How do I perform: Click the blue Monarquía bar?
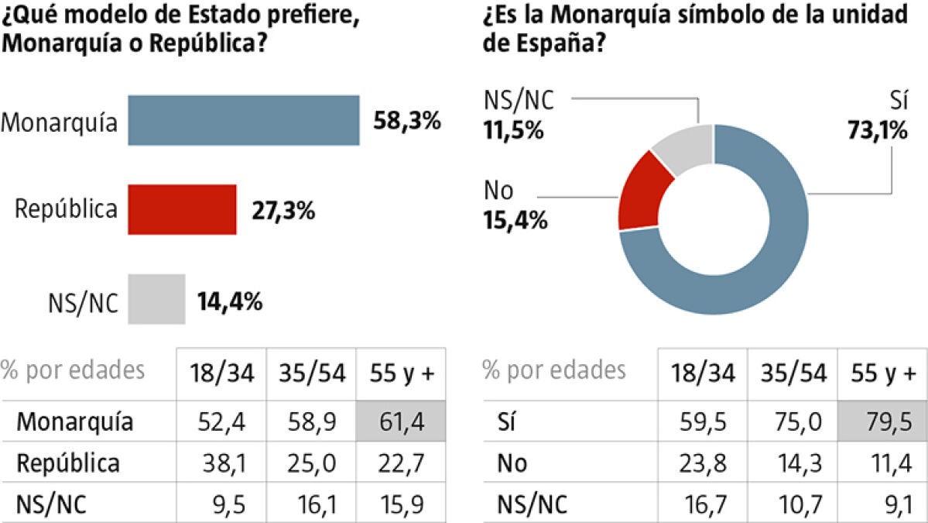point(243,120)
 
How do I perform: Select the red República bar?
point(182,209)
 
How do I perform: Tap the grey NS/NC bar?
point(156,298)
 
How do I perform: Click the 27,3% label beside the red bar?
point(283,210)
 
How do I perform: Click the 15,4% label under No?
point(515,220)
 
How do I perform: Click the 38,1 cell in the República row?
point(222,463)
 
